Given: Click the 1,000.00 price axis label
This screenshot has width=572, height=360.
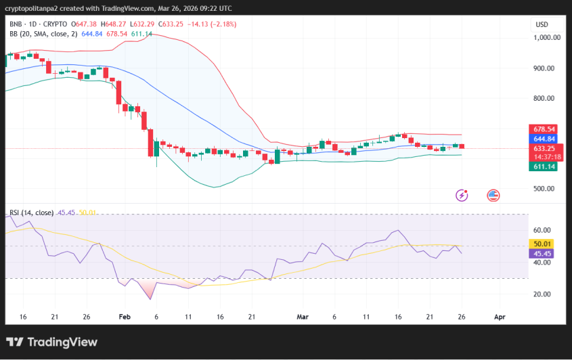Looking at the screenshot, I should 546,38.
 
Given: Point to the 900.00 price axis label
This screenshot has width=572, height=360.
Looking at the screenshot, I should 545,68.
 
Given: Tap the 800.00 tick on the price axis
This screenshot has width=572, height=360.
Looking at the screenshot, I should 545,98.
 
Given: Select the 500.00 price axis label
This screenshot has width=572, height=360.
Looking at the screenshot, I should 545,189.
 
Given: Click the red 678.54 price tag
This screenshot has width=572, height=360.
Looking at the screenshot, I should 544,129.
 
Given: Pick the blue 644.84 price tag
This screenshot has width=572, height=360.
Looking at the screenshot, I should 544,139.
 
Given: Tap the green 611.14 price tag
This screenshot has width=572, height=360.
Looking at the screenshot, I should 544,166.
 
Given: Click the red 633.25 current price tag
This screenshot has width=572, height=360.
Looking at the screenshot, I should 544,148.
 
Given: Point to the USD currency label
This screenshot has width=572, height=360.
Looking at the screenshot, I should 542,24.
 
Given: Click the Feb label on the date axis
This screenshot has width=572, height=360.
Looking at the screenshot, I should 124,316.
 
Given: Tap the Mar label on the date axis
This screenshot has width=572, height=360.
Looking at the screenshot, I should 302,316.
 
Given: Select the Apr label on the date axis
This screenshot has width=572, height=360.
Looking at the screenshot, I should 500,316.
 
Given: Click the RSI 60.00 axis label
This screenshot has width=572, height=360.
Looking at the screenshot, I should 542,230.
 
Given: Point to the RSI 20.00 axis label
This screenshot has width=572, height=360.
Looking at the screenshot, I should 542,294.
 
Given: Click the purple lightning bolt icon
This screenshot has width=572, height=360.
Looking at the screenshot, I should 462,195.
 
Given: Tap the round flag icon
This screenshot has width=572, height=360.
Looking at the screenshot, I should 493,195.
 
